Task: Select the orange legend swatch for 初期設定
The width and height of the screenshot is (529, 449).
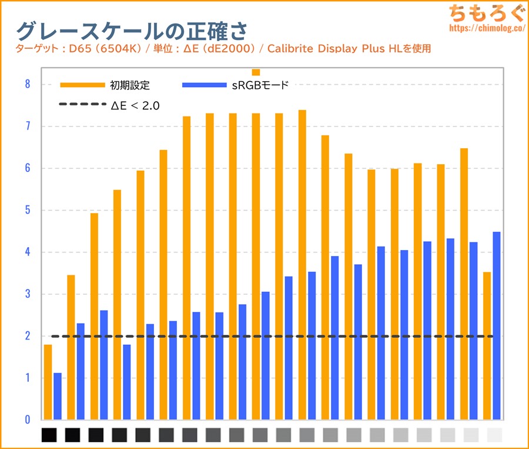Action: click(x=81, y=85)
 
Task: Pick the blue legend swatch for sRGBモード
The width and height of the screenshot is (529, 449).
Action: click(x=204, y=85)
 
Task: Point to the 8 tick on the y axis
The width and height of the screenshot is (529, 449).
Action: click(x=27, y=84)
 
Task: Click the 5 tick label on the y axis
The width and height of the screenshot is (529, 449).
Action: click(x=27, y=210)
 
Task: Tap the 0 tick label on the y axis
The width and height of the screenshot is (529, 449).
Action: click(x=27, y=420)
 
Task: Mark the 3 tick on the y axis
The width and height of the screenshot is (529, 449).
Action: click(x=27, y=294)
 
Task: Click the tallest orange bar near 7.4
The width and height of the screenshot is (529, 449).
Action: click(x=302, y=265)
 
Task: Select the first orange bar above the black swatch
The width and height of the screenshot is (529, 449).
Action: click(x=48, y=383)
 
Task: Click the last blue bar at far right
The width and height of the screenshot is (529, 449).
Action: click(x=497, y=326)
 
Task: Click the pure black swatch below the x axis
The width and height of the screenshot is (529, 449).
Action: click(x=49, y=435)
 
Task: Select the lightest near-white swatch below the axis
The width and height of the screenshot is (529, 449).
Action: click(x=495, y=435)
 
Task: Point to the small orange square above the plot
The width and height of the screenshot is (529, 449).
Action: click(x=256, y=72)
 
